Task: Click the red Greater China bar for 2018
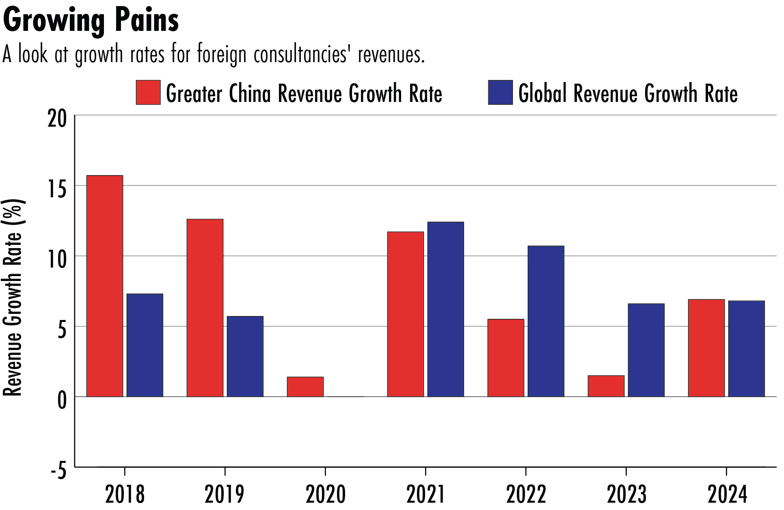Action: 105,286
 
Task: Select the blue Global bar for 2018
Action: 145,345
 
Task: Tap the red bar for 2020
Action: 305,387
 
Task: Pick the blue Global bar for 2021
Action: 446,309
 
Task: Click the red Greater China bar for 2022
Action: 506,358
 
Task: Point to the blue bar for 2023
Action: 646,350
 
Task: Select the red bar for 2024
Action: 706,348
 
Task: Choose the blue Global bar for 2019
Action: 245,357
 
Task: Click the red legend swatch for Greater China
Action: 148,93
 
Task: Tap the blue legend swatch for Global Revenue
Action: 500,93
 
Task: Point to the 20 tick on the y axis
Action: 57,119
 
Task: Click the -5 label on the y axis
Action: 58,471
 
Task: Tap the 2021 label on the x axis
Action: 425,494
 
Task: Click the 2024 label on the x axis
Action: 727,494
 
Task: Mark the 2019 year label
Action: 225,494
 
